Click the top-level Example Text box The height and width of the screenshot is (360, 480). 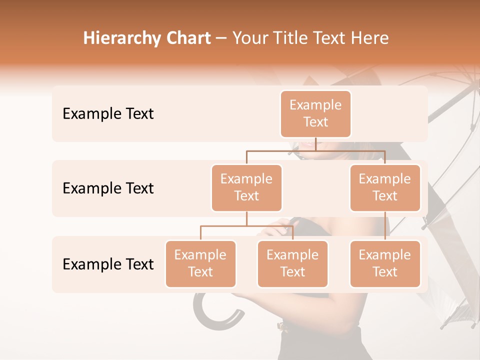pyautogui.click(x=315, y=113)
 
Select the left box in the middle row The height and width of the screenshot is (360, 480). pyautogui.click(x=246, y=187)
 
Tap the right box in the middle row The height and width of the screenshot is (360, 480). pyautogui.click(x=385, y=187)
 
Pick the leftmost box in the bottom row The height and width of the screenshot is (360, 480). pyautogui.click(x=200, y=263)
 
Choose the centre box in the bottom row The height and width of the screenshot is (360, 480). pyautogui.click(x=292, y=263)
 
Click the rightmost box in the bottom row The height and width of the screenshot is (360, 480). pyautogui.click(x=385, y=263)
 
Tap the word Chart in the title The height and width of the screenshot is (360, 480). pyautogui.click(x=188, y=38)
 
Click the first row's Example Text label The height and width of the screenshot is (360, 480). pyautogui.click(x=108, y=114)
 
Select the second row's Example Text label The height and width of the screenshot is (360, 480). pyautogui.click(x=108, y=188)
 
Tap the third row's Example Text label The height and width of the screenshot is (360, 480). pyautogui.click(x=108, y=264)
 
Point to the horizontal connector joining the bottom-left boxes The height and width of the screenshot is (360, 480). pyautogui.click(x=246, y=226)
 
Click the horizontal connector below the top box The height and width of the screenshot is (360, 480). pyautogui.click(x=315, y=150)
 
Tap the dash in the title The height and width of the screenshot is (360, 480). pyautogui.click(x=221, y=38)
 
